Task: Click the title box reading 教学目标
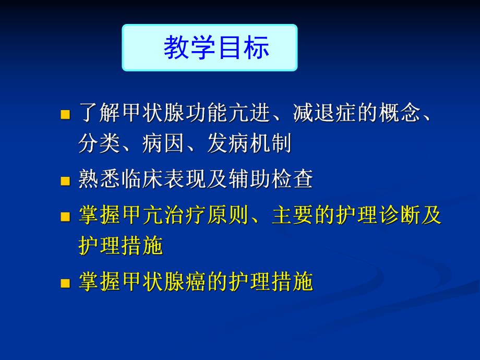209,47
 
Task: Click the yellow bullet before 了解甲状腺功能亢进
65,114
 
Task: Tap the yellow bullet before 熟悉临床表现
65,181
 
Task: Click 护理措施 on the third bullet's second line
121,246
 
